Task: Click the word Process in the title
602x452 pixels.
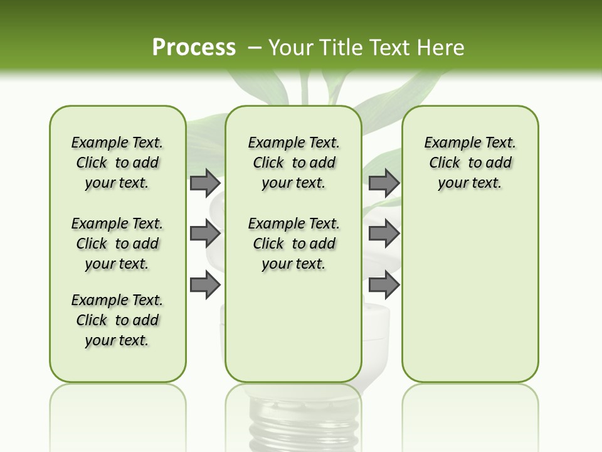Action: click(194, 48)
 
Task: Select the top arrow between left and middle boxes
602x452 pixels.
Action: click(205, 183)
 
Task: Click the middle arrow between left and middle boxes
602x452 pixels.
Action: click(205, 234)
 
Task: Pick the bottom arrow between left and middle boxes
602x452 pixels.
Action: click(205, 284)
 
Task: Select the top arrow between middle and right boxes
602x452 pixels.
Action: click(384, 183)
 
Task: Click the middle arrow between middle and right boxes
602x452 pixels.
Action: click(384, 234)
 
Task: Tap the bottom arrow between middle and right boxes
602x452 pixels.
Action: click(384, 284)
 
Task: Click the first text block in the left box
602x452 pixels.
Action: click(117, 163)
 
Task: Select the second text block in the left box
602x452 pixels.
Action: click(117, 244)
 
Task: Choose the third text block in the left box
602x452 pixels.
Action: click(117, 320)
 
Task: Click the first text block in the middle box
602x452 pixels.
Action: click(293, 163)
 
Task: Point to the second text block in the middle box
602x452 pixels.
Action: click(293, 244)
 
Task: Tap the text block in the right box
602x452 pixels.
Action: click(470, 163)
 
